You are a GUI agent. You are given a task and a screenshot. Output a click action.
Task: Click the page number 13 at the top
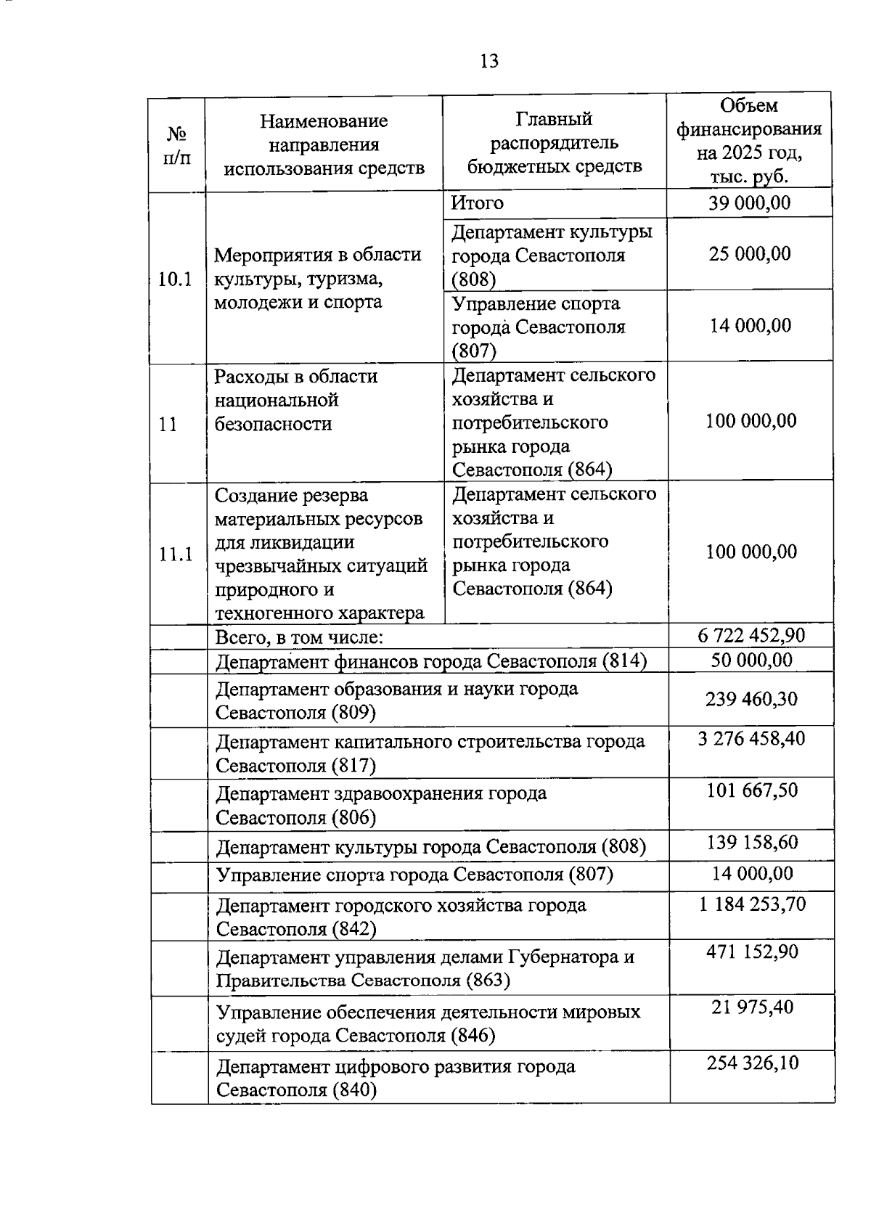[489, 61]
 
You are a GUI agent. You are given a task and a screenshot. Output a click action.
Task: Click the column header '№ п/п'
[176, 145]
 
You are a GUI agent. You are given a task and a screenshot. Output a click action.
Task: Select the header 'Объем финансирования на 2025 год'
[749, 141]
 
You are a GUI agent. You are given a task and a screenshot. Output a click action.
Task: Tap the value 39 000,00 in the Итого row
[749, 203]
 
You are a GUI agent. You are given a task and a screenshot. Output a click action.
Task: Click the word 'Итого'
[477, 203]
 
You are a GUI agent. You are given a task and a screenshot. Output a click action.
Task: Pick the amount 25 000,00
[750, 254]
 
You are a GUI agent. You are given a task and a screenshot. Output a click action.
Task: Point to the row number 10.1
[175, 279]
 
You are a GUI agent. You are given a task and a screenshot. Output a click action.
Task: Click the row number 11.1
[176, 554]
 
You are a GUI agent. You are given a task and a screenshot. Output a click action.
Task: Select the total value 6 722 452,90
[751, 636]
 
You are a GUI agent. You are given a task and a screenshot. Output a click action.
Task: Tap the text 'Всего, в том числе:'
[299, 637]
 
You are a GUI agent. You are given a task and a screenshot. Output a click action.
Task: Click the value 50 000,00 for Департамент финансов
[751, 660]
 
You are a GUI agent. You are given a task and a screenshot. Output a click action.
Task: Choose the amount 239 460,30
[751, 699]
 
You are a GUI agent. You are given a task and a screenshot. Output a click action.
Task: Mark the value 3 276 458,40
[751, 738]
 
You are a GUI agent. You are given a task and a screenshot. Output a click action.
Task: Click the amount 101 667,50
[752, 790]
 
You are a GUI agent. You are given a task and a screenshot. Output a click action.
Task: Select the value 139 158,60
[752, 842]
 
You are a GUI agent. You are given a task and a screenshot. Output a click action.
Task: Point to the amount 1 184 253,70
[752, 904]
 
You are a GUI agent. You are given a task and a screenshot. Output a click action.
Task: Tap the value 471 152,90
[752, 952]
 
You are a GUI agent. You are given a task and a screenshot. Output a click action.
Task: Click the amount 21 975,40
[752, 1007]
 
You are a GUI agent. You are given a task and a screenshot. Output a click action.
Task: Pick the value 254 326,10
[753, 1063]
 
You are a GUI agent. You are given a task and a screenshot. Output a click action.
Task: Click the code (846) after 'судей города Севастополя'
[473, 1036]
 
